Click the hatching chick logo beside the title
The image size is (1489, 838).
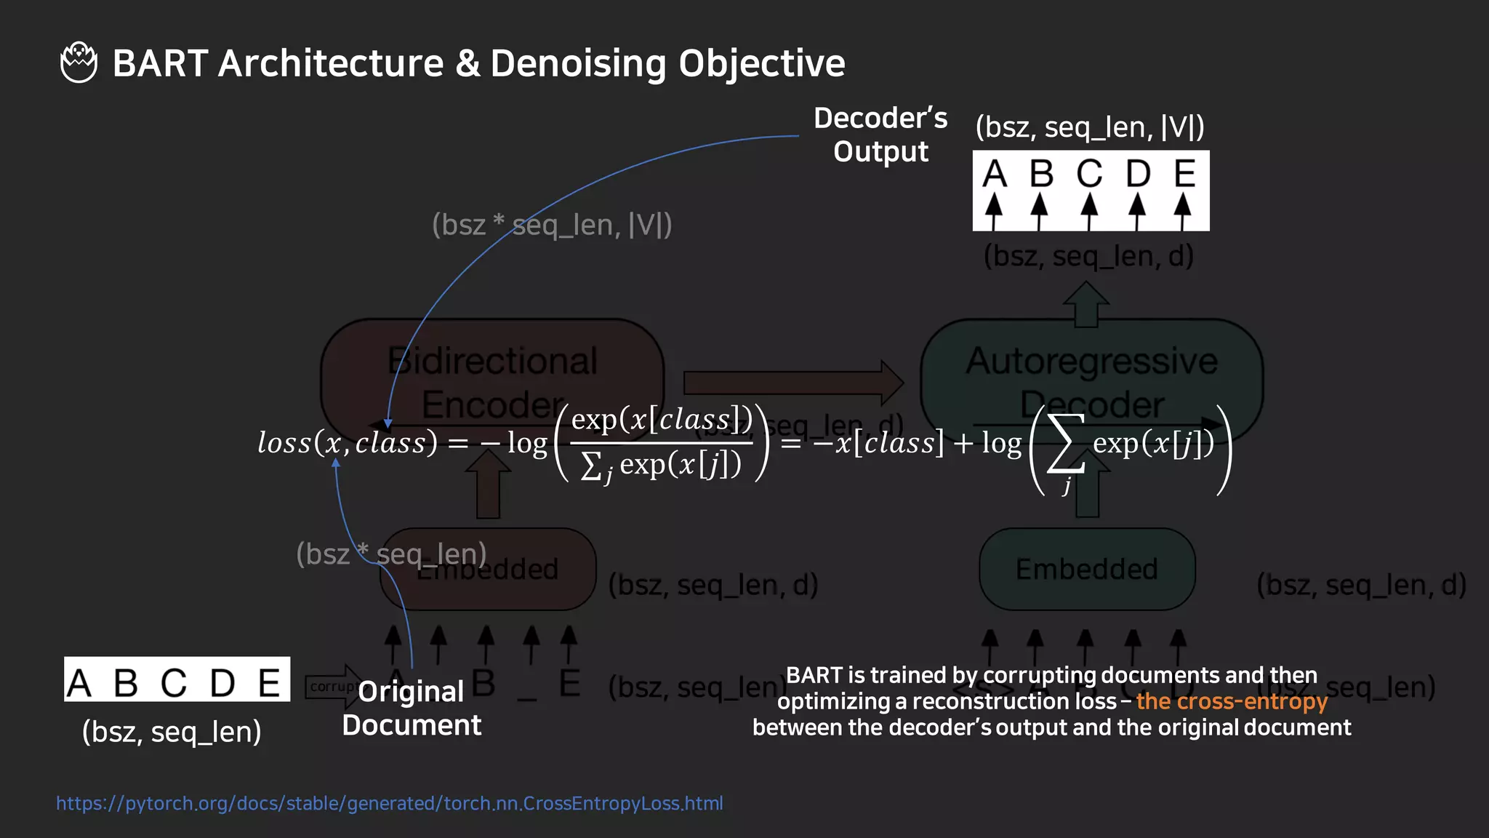(x=79, y=63)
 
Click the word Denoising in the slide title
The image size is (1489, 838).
(x=577, y=63)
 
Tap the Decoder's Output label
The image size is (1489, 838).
(x=880, y=135)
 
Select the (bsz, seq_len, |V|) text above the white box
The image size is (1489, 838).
(x=1090, y=127)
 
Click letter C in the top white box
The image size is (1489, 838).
(x=1089, y=175)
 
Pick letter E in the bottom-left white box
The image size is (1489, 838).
(x=269, y=683)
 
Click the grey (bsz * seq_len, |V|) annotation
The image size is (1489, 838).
(x=552, y=225)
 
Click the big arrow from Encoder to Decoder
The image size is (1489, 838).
(x=792, y=383)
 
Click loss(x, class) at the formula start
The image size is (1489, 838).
(x=348, y=442)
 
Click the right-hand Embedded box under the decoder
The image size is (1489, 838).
(x=1087, y=569)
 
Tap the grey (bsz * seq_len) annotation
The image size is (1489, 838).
(x=391, y=554)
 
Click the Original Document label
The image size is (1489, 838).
(x=412, y=708)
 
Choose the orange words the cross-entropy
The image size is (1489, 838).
(x=1232, y=701)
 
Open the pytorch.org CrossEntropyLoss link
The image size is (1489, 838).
(x=390, y=803)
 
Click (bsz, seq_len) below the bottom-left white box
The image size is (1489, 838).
(x=172, y=732)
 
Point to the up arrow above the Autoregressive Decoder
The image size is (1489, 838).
(x=1086, y=304)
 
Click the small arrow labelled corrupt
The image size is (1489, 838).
(x=332, y=686)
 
